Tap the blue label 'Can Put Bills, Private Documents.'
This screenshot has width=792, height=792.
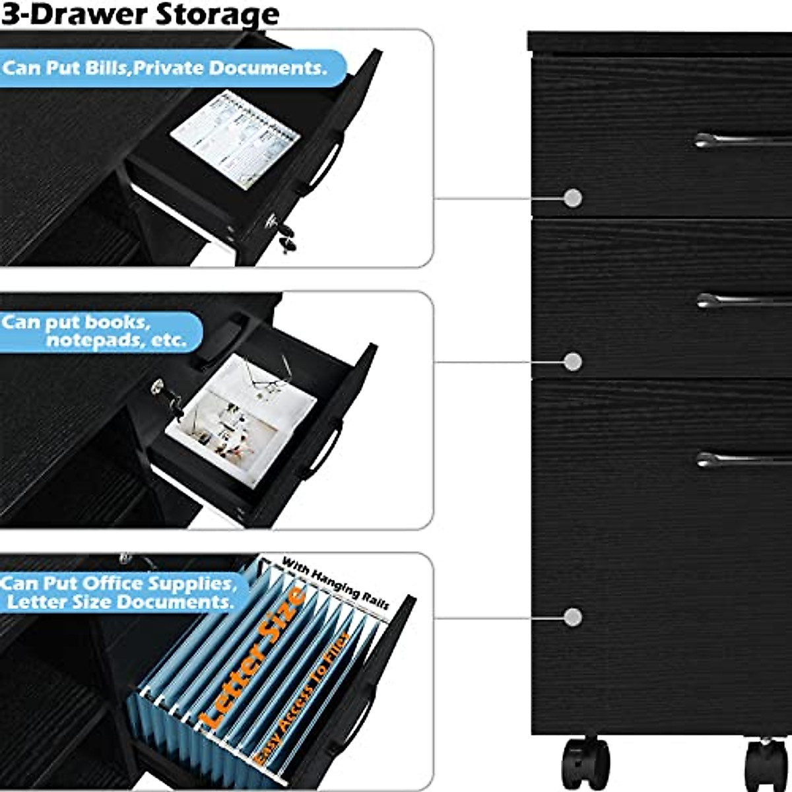[x=165, y=68]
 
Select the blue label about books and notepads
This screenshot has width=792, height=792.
[x=99, y=331]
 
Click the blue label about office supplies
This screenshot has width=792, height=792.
[x=119, y=592]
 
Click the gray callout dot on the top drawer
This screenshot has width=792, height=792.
[x=573, y=197]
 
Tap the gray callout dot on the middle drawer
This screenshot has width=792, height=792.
[x=573, y=361]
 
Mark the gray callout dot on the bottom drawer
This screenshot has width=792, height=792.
[x=573, y=617]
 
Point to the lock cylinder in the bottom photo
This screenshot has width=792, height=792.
[x=126, y=558]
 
